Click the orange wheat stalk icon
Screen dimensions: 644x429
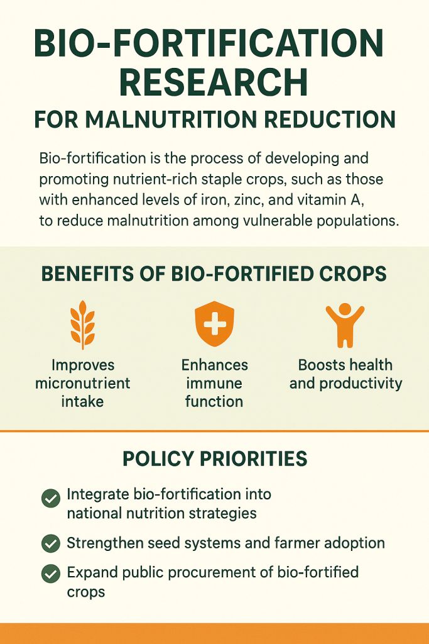83,325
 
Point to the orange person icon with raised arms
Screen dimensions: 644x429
345,325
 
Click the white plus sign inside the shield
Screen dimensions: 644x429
214,325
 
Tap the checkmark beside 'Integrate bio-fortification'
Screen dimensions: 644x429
50,499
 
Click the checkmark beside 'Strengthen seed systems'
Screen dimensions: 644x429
50,543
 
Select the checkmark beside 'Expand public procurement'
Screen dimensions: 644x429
50,574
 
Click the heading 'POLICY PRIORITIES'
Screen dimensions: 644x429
215,458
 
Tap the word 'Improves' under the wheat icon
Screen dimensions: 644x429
83,365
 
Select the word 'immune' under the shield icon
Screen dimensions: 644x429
214,383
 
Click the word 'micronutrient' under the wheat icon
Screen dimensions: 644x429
83,383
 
